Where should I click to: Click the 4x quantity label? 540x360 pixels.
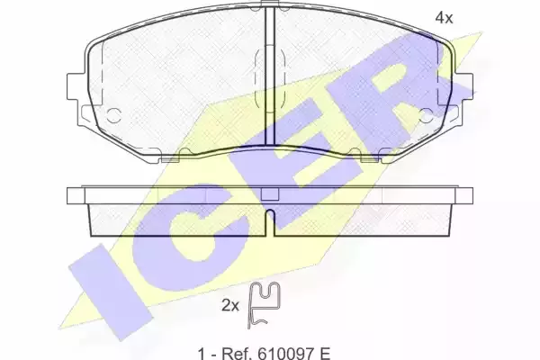click(x=444, y=17)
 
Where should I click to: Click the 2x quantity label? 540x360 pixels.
click(x=230, y=305)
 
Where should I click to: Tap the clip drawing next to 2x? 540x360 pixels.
click(x=264, y=305)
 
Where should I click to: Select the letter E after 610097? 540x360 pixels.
click(x=325, y=353)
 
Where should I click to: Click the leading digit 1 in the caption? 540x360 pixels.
click(x=202, y=353)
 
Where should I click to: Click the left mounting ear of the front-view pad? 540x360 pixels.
click(x=76, y=86)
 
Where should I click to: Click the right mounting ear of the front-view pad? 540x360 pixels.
click(x=463, y=86)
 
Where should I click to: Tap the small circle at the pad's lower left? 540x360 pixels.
click(x=113, y=115)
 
